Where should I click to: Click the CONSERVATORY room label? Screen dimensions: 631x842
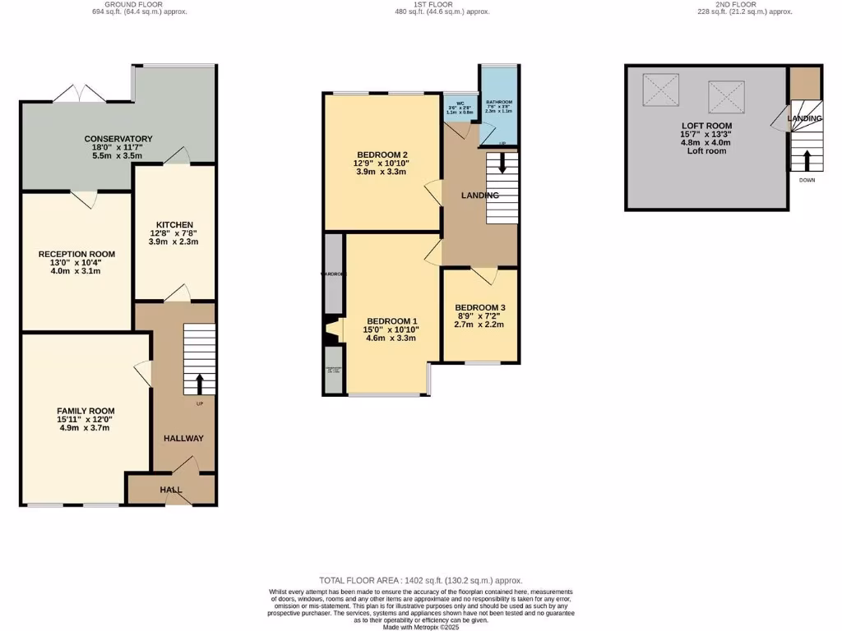(x=118, y=139)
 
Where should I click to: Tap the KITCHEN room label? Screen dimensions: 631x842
(x=174, y=224)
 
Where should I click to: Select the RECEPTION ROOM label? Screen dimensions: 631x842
(x=76, y=254)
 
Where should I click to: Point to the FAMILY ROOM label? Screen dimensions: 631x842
(x=86, y=411)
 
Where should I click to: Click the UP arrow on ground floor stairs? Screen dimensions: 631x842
(x=200, y=384)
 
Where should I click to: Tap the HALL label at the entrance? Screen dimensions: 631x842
(x=171, y=490)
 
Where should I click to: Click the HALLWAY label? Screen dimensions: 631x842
(x=183, y=438)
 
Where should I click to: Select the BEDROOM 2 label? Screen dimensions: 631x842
(x=382, y=154)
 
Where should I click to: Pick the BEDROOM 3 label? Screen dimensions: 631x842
(x=479, y=307)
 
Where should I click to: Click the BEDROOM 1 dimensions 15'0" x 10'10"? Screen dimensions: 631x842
(x=392, y=329)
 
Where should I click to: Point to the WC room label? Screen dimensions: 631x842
(x=461, y=104)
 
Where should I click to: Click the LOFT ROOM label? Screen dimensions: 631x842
(x=706, y=126)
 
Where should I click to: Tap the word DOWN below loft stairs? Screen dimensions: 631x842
(x=806, y=181)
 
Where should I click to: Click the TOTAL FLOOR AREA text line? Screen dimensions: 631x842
(x=420, y=580)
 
